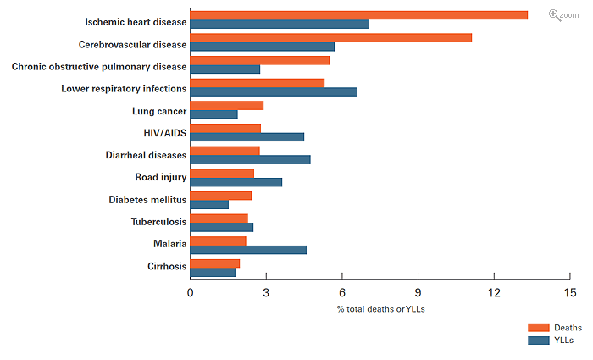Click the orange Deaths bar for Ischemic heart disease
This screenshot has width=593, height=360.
coord(358,15)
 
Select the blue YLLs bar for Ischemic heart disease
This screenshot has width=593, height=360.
coord(280,24)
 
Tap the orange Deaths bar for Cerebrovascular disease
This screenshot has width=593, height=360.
coord(330,37)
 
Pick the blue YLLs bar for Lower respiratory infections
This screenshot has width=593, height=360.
coord(274,91)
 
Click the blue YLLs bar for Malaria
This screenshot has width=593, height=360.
coord(248,250)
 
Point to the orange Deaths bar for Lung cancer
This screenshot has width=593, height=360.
coord(226,105)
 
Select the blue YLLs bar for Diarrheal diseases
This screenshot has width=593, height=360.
coord(250,159)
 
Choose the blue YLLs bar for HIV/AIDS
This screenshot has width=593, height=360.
coord(247,136)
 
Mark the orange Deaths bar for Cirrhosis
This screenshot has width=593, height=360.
coord(214,263)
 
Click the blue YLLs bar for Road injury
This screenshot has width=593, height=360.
coord(236,182)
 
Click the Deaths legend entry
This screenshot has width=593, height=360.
coord(556,328)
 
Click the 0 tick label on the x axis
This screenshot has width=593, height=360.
coord(190,292)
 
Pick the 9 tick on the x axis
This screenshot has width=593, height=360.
coord(418,292)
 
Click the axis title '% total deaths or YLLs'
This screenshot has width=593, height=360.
coord(380,309)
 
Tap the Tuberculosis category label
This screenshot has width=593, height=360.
coord(158,222)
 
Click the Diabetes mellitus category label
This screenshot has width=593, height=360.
coord(147,200)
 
